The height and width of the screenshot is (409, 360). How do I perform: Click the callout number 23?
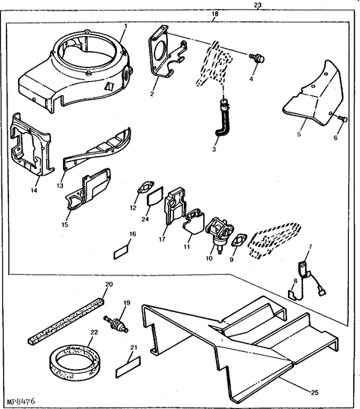(x=258, y=6)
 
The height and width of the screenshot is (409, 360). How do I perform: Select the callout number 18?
(x=215, y=15)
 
